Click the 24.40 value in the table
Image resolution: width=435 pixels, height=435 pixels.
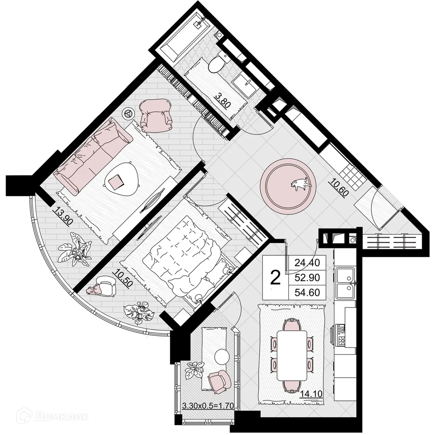click(307, 262)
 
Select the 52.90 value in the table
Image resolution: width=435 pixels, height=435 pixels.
click(307, 277)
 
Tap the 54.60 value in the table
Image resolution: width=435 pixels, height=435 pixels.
click(307, 292)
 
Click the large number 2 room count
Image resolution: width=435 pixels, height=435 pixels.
click(275, 276)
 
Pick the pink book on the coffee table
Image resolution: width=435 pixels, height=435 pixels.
click(116, 181)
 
